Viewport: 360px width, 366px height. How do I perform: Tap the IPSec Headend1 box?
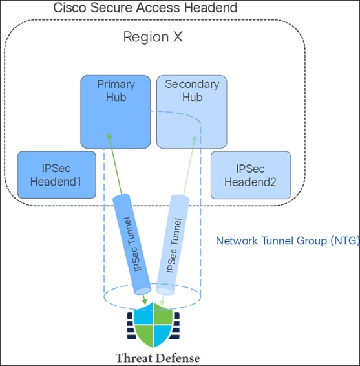(56, 175)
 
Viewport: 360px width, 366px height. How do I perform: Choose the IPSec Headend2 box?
(250, 175)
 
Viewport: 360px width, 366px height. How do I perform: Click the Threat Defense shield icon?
(153, 327)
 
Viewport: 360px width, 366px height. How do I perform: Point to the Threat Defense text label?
(157, 358)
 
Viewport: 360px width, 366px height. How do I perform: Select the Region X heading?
(153, 37)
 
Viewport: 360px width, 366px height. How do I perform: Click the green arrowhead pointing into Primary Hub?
(109, 136)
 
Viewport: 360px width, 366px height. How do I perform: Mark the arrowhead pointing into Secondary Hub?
(195, 136)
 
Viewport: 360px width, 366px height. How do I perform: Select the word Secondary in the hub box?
(193, 85)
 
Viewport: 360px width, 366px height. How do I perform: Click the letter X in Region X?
(176, 37)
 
